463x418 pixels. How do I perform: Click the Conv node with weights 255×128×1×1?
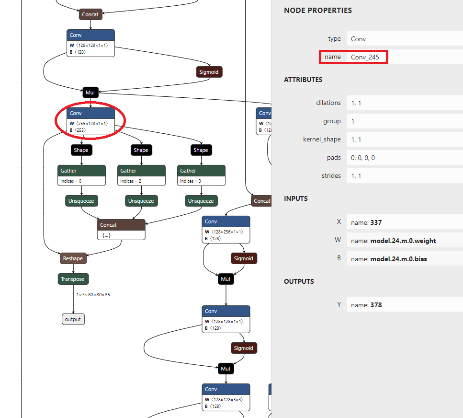[x=90, y=121]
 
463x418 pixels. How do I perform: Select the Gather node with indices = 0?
[x=81, y=175]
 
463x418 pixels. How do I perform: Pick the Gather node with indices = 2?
[x=141, y=175]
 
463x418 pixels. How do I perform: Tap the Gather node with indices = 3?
[x=202, y=175]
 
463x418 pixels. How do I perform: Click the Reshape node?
[x=73, y=258]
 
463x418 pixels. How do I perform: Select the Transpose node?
[x=73, y=279]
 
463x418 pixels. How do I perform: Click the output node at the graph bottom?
[x=73, y=319]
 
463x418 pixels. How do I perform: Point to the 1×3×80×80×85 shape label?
[x=93, y=295]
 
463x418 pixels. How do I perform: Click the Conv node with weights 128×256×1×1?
[x=226, y=230]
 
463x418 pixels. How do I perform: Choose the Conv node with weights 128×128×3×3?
[x=226, y=397]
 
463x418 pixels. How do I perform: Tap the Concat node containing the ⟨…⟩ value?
[x=121, y=230]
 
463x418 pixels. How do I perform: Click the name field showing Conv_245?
[x=365, y=57]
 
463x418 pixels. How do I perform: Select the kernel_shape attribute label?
[x=322, y=139]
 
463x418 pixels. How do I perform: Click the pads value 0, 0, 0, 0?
[x=363, y=158]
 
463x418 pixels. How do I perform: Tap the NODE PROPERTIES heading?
[x=318, y=11]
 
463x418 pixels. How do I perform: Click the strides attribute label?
[x=331, y=175]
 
